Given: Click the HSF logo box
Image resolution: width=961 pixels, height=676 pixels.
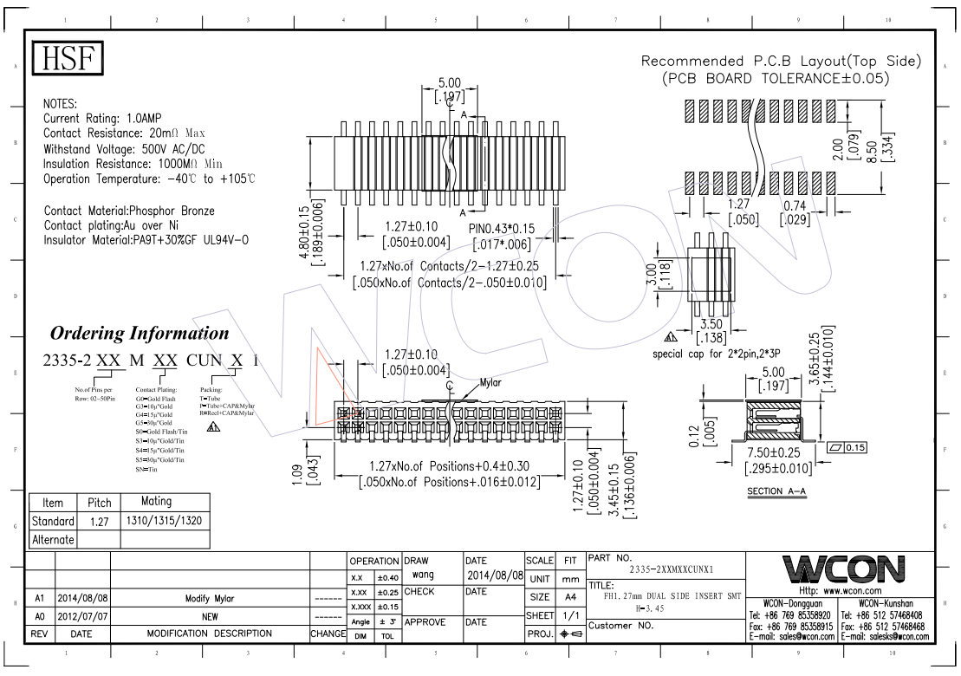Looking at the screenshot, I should (68, 58).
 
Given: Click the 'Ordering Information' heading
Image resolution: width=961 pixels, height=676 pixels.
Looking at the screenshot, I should (140, 334).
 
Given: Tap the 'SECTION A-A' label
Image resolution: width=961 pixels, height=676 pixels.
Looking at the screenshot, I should (776, 491).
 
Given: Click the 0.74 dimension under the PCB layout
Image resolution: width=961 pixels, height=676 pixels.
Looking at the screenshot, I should (795, 205).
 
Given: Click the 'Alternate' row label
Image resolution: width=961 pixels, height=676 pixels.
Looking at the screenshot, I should (54, 540).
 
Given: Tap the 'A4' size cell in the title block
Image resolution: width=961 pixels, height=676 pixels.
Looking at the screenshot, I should (569, 598).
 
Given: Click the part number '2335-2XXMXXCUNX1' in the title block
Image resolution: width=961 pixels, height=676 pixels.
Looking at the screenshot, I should (671, 570).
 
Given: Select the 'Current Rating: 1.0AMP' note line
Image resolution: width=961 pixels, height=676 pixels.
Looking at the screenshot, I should (102, 118).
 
